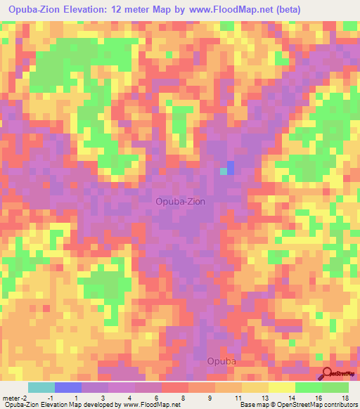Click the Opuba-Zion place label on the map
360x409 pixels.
[x=181, y=201]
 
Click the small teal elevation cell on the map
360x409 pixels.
[x=224, y=171]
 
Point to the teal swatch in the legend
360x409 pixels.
[x=41, y=387]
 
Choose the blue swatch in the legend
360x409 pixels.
[x=68, y=387]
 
